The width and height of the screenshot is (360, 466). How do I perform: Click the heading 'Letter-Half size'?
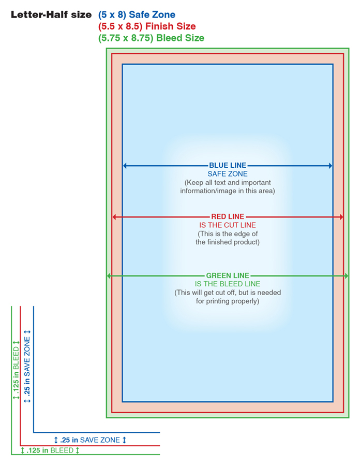pos(51,14)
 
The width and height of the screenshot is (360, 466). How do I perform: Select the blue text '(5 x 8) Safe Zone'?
pos(137,14)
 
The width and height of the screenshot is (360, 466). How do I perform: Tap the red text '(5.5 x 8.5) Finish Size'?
pos(147,26)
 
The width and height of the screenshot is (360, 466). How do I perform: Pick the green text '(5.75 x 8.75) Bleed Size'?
pos(152,38)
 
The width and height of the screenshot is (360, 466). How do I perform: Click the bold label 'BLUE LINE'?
pos(228,165)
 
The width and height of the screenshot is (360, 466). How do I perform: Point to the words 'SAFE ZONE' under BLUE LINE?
pos(228,174)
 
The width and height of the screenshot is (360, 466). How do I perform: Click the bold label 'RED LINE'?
pos(228,216)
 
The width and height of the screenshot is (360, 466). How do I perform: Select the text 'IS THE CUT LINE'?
pos(228,225)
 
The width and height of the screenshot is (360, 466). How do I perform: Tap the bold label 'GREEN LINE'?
pos(228,275)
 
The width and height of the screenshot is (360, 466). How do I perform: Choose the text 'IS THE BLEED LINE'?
pos(228,284)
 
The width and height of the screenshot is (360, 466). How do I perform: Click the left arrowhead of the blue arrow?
pos(125,166)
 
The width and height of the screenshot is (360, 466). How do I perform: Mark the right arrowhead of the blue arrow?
pos(331,166)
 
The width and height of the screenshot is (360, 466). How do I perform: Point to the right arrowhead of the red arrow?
pos(341,217)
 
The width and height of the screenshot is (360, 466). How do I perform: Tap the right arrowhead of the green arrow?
pos(346,276)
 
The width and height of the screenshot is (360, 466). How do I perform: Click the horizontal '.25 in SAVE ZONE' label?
pos(90,440)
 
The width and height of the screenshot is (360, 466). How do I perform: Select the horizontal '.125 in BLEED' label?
pos(50,450)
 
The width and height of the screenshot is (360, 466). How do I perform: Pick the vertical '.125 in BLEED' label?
pos(16,370)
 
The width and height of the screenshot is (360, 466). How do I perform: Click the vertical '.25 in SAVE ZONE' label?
pos(27,367)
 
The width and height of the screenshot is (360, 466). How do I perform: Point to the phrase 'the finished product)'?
pos(228,242)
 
